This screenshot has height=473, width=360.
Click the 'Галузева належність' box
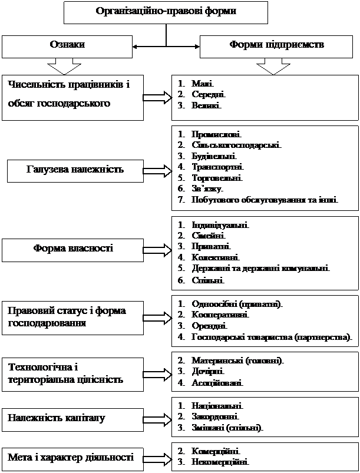pyautogui.click(x=74, y=171)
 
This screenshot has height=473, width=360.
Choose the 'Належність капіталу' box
pyautogui.click(x=73, y=418)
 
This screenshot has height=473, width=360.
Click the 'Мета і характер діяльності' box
pyautogui.click(x=73, y=457)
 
